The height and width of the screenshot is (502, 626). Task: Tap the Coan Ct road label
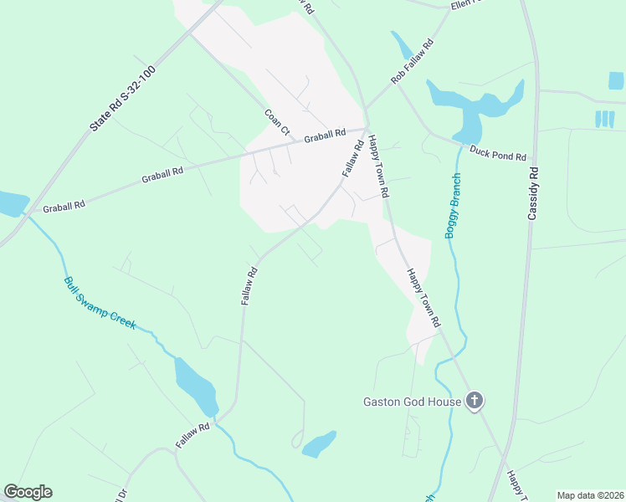276,122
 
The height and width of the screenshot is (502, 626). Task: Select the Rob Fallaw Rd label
412,61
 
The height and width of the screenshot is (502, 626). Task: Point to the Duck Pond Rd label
497,153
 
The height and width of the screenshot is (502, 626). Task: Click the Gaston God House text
412,402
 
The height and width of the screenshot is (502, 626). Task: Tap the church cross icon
474,401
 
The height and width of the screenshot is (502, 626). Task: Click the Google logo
28,492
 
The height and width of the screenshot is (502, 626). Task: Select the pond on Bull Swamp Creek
196,385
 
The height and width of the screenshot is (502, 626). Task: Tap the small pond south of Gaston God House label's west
319,443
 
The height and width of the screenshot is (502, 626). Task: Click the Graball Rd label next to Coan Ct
325,135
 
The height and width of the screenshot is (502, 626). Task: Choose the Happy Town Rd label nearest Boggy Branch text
379,167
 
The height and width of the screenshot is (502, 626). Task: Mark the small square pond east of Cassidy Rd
616,80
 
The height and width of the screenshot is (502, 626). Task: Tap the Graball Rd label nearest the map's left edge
64,205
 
